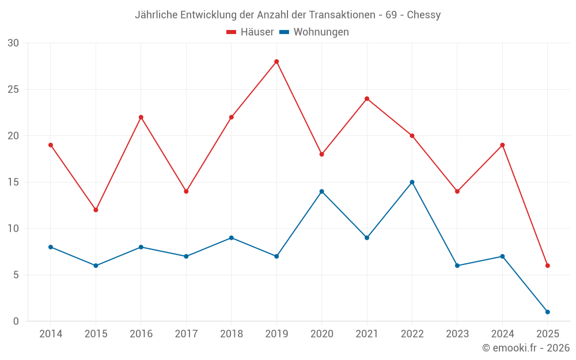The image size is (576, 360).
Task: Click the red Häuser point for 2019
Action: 276,62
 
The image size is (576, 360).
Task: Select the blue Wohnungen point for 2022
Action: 412,182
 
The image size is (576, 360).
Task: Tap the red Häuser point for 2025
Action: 548,266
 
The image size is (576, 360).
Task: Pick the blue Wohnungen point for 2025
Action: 548,312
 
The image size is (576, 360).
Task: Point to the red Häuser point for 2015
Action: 96,210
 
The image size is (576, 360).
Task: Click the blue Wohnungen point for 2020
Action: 321,191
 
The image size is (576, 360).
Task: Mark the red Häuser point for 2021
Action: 367,98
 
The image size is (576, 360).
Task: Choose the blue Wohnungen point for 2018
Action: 231,238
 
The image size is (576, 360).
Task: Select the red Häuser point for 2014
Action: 51,145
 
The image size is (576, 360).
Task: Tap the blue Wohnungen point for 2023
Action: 457,266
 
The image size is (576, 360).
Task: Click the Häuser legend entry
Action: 250,32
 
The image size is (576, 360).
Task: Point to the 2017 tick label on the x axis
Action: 186,334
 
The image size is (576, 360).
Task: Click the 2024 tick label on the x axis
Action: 502,334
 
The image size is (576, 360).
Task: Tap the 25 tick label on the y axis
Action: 13,89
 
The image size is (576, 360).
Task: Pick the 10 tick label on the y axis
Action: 13,229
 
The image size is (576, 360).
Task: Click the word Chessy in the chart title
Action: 424,15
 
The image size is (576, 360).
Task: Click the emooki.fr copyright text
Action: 526,348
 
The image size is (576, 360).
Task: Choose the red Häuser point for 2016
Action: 141,117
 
